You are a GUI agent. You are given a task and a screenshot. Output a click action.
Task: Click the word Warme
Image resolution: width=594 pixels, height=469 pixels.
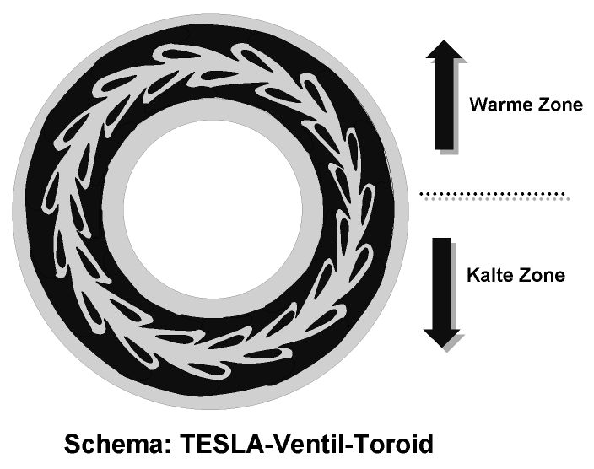pos(496,105)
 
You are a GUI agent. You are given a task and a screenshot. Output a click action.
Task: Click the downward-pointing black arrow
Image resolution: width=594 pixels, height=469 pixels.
pos(444,291)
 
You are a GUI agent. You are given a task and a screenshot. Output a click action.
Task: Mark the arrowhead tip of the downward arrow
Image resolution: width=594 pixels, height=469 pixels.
pos(444,347)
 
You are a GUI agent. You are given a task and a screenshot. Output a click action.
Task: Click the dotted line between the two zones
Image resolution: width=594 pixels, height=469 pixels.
pos(494,196)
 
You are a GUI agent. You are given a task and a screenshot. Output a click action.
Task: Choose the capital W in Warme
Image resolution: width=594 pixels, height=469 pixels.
pos(477,105)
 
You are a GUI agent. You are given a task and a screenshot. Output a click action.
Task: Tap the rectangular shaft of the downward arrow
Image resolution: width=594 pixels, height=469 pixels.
pos(444,278)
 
